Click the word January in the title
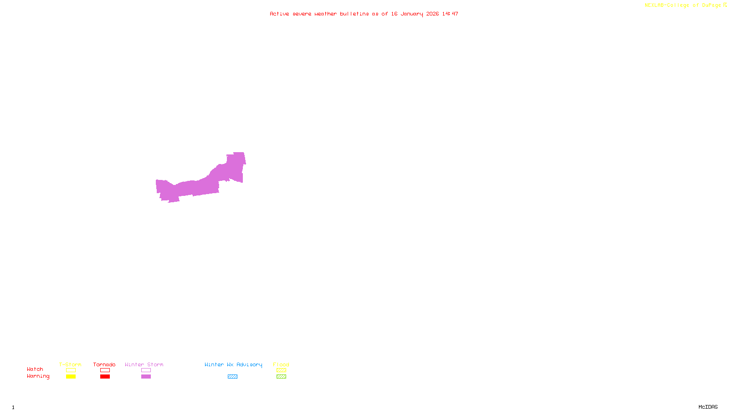point(412,14)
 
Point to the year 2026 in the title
point(432,14)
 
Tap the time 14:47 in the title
point(450,14)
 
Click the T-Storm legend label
point(70,364)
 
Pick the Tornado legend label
point(104,364)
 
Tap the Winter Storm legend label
point(144,364)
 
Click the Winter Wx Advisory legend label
point(233,364)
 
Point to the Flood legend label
point(281,364)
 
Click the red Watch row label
point(35,369)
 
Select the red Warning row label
point(38,376)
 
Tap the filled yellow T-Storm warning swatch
point(71,377)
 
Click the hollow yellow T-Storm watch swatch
point(71,370)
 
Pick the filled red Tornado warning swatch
point(105,377)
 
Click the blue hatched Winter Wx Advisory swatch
point(232,377)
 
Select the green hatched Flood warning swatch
point(281,377)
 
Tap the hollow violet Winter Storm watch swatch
point(146,370)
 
